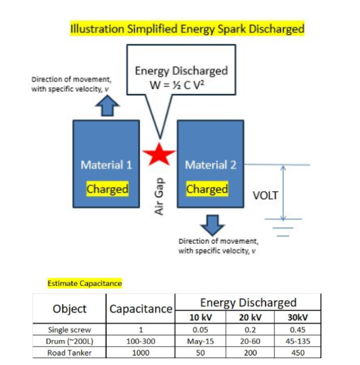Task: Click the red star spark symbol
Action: pyautogui.click(x=159, y=155)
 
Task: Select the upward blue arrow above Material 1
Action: pyautogui.click(x=107, y=105)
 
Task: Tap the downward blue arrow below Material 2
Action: pyautogui.click(x=212, y=225)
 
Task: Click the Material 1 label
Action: pyautogui.click(x=106, y=165)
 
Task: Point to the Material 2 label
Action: pyautogui.click(x=211, y=165)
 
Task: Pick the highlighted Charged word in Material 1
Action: pyautogui.click(x=107, y=189)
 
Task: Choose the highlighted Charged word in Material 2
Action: pyautogui.click(x=207, y=189)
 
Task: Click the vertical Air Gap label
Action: pyautogui.click(x=159, y=197)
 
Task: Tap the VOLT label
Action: pyautogui.click(x=265, y=195)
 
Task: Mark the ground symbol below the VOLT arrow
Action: pyautogui.click(x=283, y=228)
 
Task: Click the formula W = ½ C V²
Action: pyautogui.click(x=177, y=85)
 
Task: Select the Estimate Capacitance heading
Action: pyautogui.click(x=84, y=283)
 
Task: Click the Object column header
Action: pyautogui.click(x=70, y=309)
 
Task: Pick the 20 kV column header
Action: pyautogui.click(x=250, y=317)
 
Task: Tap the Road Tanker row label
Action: pyautogui.click(x=70, y=353)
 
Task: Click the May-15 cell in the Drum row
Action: pyautogui.click(x=200, y=341)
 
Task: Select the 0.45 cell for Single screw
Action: pyautogui.click(x=298, y=330)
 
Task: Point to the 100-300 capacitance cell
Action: pyautogui.click(x=140, y=341)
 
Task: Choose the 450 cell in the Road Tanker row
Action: pyautogui.click(x=298, y=353)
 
